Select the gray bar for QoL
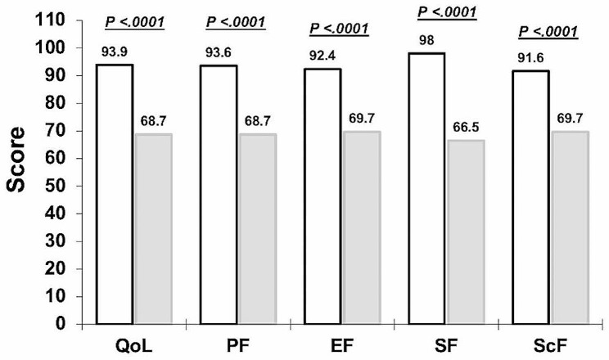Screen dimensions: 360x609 (153, 228)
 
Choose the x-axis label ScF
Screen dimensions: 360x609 (548, 347)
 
